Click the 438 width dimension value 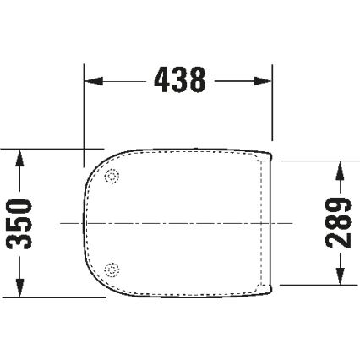point(180,80)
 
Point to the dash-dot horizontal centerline point(169,223)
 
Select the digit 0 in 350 point(19,205)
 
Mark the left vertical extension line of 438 point(83,110)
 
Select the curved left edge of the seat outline point(85,223)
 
